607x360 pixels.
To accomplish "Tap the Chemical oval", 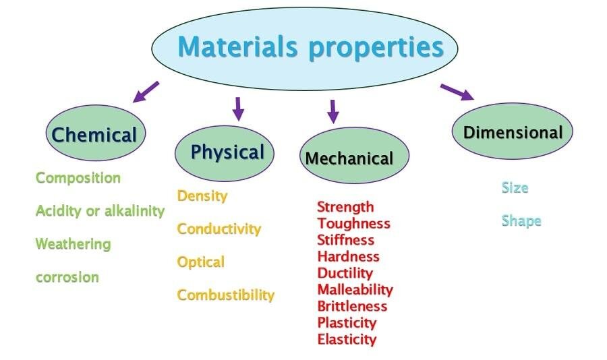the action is pos(94,134).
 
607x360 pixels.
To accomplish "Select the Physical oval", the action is pos(225,152).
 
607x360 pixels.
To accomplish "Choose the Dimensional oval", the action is pos(512,132).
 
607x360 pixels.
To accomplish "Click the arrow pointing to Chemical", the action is pos(146,92).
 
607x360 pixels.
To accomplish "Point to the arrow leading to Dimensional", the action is pos(457,92).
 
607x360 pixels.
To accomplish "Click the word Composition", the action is pos(78,178).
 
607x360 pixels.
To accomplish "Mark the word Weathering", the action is pos(73,243).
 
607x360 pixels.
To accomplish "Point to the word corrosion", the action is pos(67,277).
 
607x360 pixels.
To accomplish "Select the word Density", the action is pos(202,196).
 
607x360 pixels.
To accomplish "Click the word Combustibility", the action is pos(225,295).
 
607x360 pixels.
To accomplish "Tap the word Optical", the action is pos(200,262).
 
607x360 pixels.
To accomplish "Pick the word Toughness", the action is pos(353,223).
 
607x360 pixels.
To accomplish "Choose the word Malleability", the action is pos(355,289).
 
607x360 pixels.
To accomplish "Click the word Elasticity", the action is pos(347,339).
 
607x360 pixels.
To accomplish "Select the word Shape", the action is pos(521,221).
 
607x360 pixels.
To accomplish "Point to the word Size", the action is pos(514,187).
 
